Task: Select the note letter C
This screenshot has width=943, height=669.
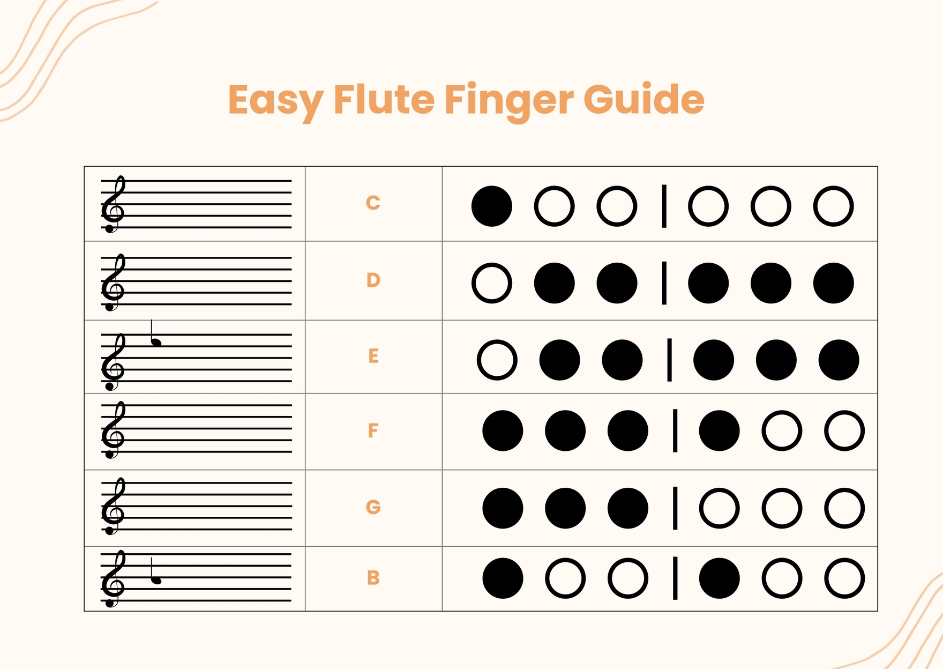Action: [373, 203]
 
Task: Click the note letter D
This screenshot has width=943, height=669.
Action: [373, 280]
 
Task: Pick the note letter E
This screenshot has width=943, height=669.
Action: [373, 356]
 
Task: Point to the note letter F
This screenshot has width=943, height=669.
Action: [373, 430]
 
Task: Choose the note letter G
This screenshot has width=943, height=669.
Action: [373, 507]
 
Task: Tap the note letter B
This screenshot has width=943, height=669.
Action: [373, 578]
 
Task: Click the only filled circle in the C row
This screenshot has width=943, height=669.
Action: [491, 206]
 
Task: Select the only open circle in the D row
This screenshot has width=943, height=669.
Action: [491, 283]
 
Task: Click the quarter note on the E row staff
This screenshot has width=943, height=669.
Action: [156, 341]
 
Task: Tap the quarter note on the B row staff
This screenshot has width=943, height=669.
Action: [156, 579]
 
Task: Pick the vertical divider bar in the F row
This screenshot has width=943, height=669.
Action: [675, 430]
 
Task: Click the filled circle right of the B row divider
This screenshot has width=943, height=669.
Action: [719, 578]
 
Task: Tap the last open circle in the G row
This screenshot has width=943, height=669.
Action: [844, 508]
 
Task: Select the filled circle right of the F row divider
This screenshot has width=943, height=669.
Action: [719, 430]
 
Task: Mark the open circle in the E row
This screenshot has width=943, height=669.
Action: [497, 360]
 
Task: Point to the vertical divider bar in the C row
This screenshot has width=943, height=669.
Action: [664, 206]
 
